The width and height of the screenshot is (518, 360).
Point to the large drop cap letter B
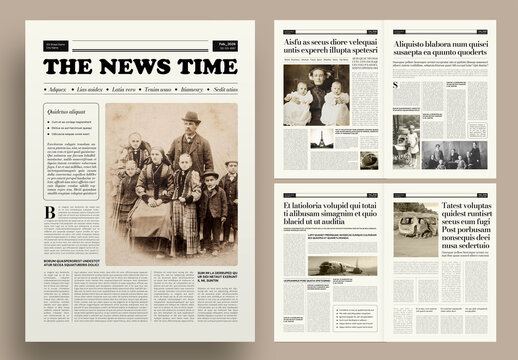pos(50,213)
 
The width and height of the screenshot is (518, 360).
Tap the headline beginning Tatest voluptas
pos(464,221)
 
